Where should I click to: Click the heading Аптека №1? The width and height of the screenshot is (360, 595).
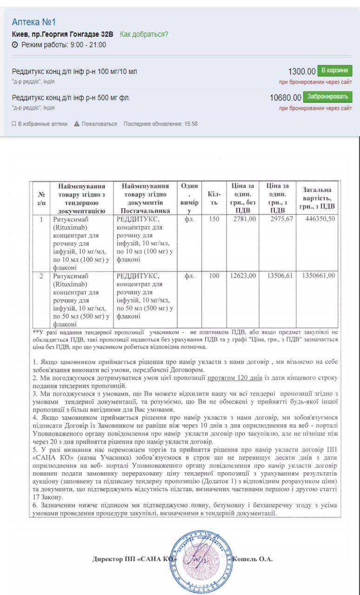[33, 22]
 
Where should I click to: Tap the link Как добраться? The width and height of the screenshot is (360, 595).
[144, 34]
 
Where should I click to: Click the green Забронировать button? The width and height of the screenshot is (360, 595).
[327, 97]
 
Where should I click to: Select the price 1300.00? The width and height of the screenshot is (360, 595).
[302, 72]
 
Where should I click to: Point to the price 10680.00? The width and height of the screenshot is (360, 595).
[285, 98]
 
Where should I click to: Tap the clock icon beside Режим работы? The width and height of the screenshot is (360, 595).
[14, 45]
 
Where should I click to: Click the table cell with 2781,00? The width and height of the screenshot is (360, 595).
[244, 219]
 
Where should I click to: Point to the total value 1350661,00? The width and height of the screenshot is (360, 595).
[318, 276]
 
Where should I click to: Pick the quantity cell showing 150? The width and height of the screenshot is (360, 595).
[214, 219]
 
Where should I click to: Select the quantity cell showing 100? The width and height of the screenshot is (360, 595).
[214, 276]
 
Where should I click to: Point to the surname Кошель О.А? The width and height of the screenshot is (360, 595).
[252, 559]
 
